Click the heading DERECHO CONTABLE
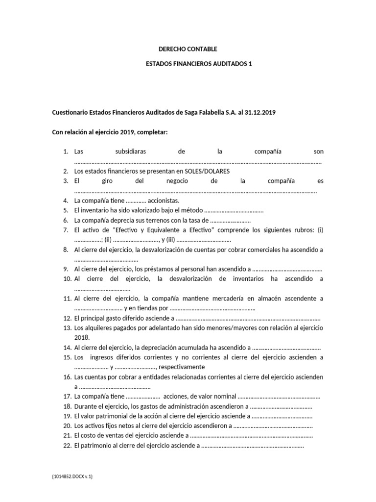pos(188,49)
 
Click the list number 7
pos(66,230)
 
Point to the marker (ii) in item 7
pos(108,240)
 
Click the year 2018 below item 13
pos(81,337)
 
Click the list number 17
pos(67,396)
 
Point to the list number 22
pos(67,445)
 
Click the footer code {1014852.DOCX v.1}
pos(72,476)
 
